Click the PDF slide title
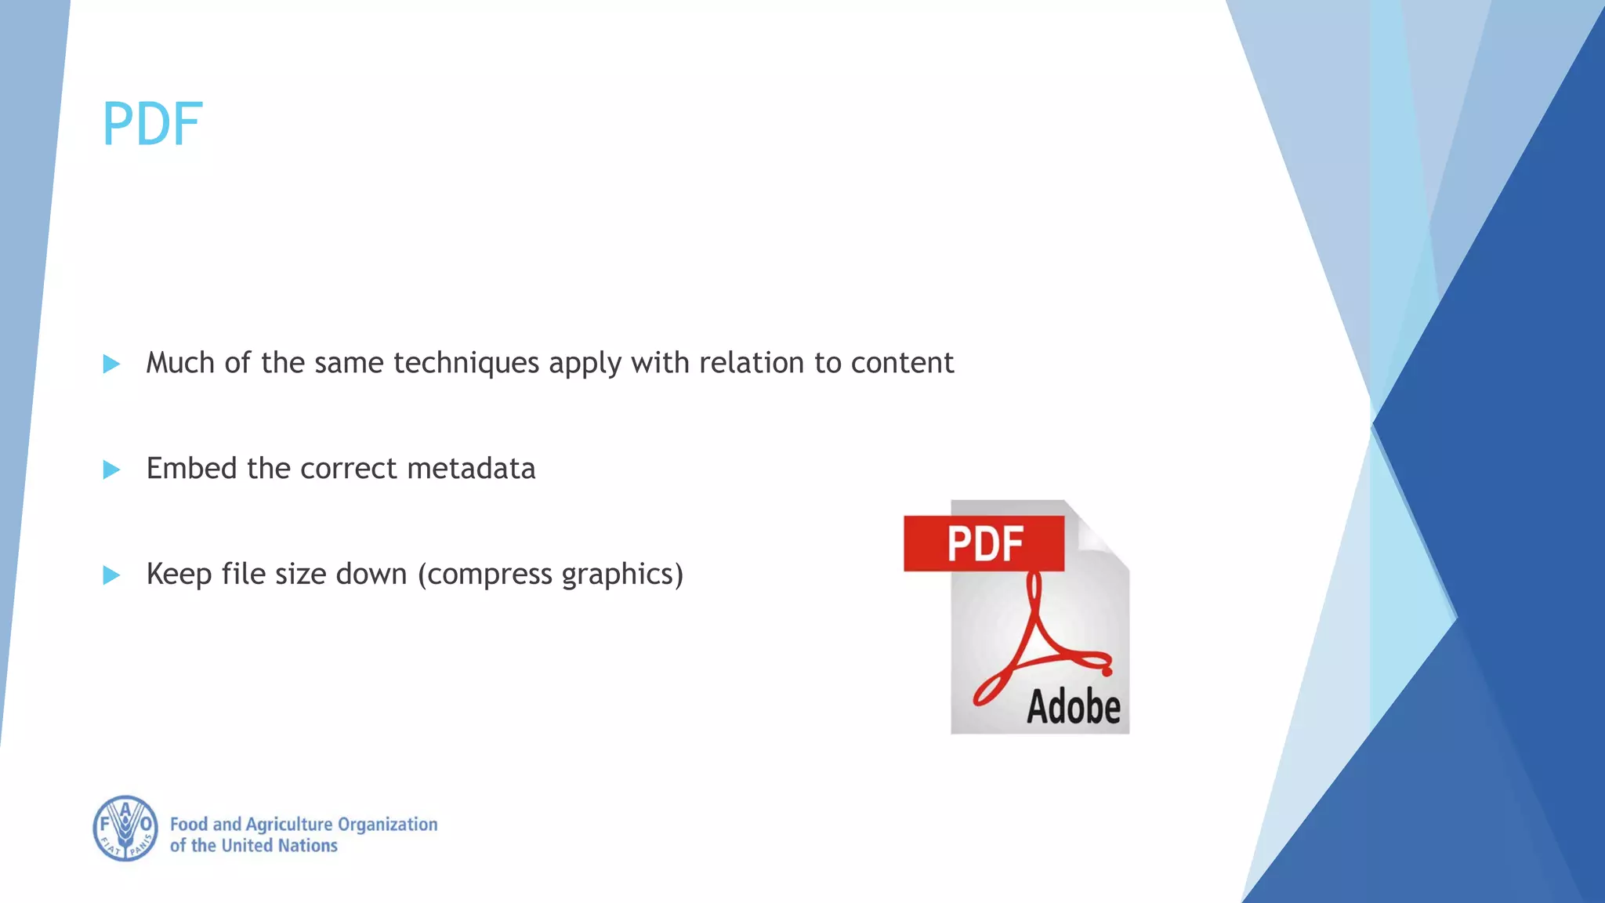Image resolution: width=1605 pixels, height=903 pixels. [152, 125]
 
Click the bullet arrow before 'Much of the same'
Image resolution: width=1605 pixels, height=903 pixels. [111, 364]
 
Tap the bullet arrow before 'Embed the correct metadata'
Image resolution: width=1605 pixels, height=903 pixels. [111, 470]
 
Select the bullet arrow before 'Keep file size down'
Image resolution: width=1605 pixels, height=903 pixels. [111, 575]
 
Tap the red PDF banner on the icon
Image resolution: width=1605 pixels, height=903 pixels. [984, 543]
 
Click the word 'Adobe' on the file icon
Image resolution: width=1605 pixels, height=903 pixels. [1073, 707]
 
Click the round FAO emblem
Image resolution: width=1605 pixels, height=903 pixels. [125, 829]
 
